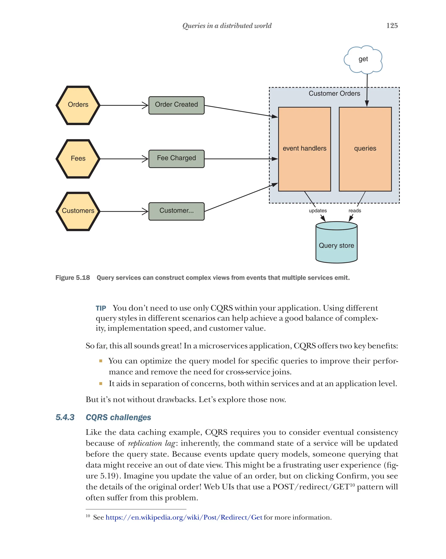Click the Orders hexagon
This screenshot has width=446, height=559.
click(x=78, y=105)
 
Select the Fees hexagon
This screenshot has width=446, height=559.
click(x=78, y=159)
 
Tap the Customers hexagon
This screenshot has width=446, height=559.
click(x=78, y=211)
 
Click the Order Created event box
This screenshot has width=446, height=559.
click(x=176, y=105)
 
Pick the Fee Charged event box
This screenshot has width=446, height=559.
click(x=176, y=158)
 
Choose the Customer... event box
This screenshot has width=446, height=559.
click(x=176, y=211)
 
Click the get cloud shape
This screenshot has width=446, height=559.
click(x=363, y=59)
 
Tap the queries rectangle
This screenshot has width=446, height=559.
click(x=365, y=149)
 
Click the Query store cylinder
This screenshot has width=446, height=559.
click(x=336, y=245)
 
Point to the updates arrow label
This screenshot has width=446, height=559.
click(x=317, y=211)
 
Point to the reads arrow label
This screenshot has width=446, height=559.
click(x=354, y=211)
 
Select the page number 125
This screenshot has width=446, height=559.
click(x=392, y=25)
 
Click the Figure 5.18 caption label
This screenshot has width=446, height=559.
click(x=73, y=278)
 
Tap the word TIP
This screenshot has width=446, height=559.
click(x=101, y=308)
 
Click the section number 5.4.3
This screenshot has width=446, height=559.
click(x=65, y=417)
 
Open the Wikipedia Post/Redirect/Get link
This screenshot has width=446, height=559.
click(x=184, y=517)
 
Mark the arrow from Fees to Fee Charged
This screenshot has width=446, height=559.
click(x=124, y=159)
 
